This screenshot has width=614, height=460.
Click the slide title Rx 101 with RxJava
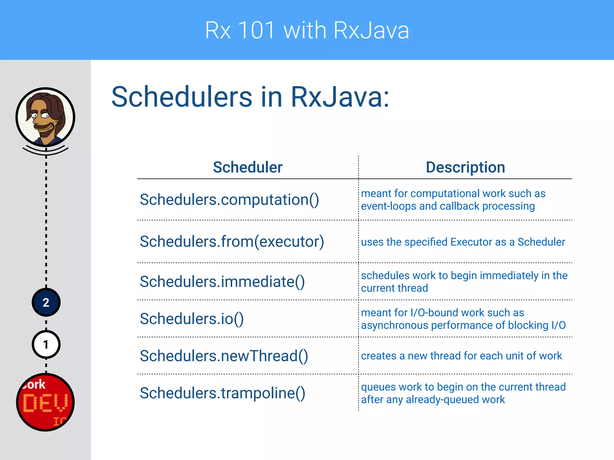307,30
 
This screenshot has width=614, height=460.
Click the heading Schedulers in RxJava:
250,97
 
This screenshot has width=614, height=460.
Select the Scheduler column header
248,167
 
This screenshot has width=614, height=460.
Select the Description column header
465,167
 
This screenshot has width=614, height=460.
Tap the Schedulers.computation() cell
229,200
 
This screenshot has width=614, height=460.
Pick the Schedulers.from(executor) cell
232,242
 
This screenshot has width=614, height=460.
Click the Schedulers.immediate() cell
222,282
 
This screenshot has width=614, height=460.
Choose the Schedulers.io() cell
192,319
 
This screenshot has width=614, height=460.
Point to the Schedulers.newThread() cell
224,356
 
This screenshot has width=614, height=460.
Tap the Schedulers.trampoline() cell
222,393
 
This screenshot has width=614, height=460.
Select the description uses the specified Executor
463,242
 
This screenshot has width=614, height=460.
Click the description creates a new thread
461,356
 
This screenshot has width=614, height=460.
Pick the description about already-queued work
463,393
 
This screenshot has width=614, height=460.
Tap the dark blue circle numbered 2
46,302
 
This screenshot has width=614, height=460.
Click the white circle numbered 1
46,345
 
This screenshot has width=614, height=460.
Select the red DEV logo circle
46,402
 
